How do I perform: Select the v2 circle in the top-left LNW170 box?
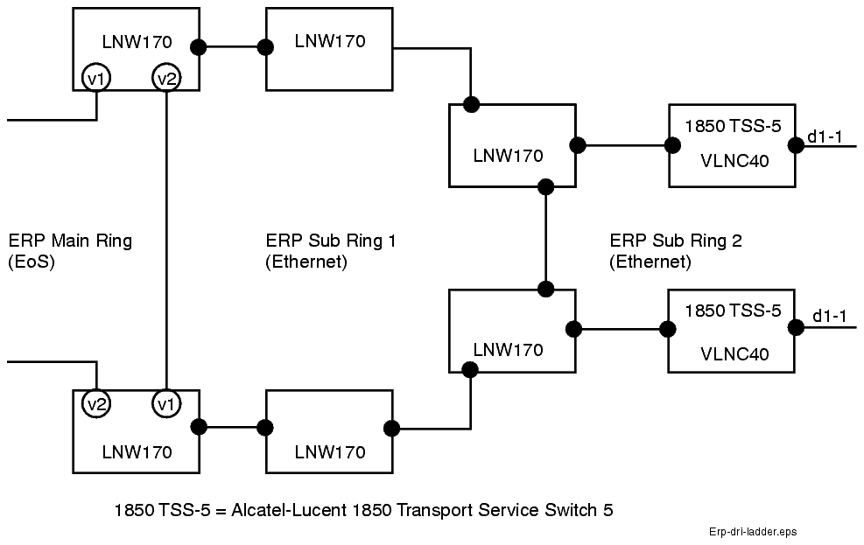[x=165, y=78]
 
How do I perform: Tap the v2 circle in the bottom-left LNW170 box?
[x=95, y=403]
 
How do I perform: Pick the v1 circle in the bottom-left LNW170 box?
[x=165, y=403]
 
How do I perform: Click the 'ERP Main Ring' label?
[x=70, y=241]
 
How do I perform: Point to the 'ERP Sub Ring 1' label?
[x=330, y=241]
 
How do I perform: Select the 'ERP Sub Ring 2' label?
[x=675, y=241]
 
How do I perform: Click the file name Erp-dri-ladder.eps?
[x=753, y=531]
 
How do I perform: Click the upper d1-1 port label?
[x=825, y=136]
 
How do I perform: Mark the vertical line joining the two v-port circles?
[x=165, y=236]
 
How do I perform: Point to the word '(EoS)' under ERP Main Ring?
[x=32, y=262]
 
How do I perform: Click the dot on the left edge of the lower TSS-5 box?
[x=668, y=329]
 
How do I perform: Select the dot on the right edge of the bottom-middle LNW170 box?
[x=391, y=428]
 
